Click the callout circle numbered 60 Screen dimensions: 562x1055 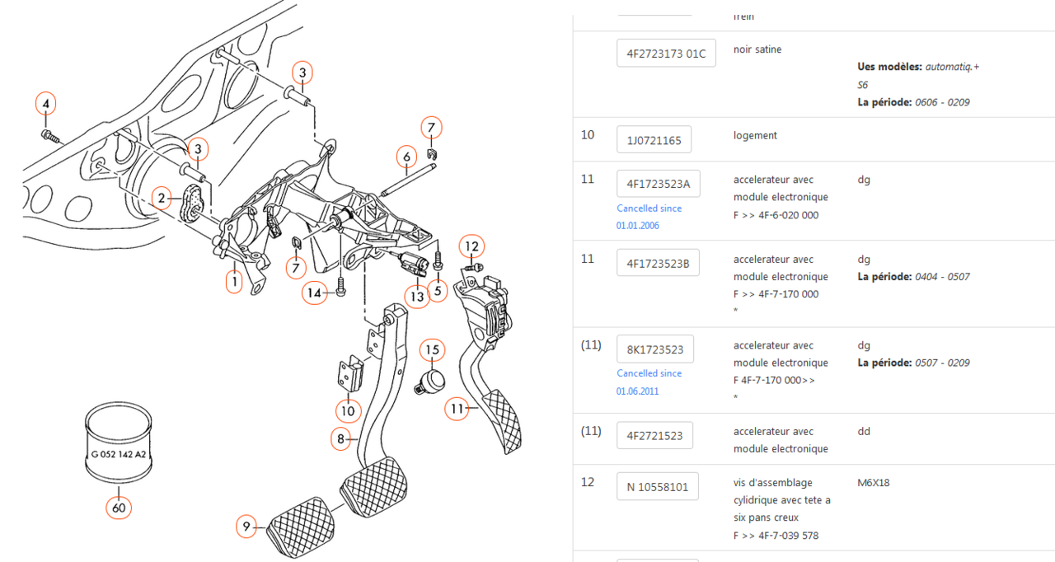[x=119, y=508]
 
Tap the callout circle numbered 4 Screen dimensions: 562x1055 [x=46, y=104]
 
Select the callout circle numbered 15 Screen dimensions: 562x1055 [x=432, y=350]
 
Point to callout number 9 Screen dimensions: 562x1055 [x=246, y=526]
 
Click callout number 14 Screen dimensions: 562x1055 [x=314, y=293]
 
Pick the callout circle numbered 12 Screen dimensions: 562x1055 [x=471, y=246]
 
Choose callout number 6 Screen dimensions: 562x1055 [x=406, y=156]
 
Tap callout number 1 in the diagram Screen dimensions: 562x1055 [x=235, y=283]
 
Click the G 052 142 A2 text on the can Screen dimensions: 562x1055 [x=119, y=454]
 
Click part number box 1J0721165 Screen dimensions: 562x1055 [x=654, y=140]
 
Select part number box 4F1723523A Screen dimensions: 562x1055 [x=658, y=184]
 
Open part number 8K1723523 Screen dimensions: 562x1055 [x=654, y=349]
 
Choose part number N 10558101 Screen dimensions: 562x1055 [x=657, y=487]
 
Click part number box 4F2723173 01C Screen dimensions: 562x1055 [x=666, y=54]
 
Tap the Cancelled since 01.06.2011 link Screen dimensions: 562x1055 [x=649, y=382]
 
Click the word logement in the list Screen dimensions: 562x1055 [x=755, y=135]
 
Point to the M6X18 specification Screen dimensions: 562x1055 [x=874, y=482]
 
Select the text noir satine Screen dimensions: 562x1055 [x=757, y=49]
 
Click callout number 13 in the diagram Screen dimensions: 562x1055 [x=417, y=296]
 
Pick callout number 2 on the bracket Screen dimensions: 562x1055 [x=163, y=197]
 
